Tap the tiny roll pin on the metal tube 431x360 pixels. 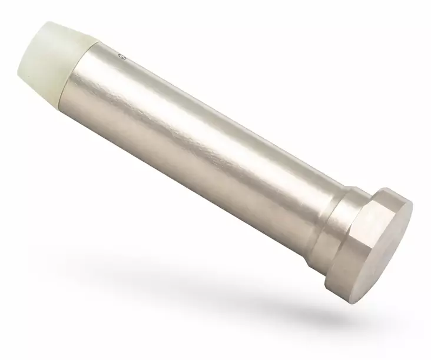point(122,57)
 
